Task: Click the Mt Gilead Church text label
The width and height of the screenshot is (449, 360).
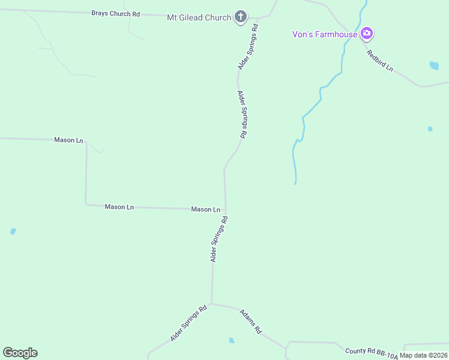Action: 199,17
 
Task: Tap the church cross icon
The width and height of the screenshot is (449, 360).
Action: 240,17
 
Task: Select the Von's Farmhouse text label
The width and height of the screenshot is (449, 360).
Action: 325,34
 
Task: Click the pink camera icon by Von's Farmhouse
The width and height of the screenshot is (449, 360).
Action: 367,34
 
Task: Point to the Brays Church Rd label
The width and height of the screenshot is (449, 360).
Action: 115,13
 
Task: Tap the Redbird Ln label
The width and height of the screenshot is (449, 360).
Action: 380,61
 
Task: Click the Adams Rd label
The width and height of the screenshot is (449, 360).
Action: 251,322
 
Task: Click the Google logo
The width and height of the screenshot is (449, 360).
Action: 20,353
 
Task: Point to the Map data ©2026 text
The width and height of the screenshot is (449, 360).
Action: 423,355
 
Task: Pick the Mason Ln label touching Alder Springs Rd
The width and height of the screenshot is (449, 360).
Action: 205,209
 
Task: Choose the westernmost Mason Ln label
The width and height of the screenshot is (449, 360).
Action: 68,140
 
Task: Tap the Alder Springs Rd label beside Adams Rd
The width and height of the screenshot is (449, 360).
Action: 188,323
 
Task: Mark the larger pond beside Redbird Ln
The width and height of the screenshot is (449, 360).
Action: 434,65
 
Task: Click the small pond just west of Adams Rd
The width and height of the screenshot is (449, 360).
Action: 232,341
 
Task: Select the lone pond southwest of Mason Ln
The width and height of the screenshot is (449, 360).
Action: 13,231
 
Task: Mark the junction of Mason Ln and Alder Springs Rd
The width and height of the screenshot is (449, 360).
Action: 225,210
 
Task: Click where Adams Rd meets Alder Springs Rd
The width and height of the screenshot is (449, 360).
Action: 211,303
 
